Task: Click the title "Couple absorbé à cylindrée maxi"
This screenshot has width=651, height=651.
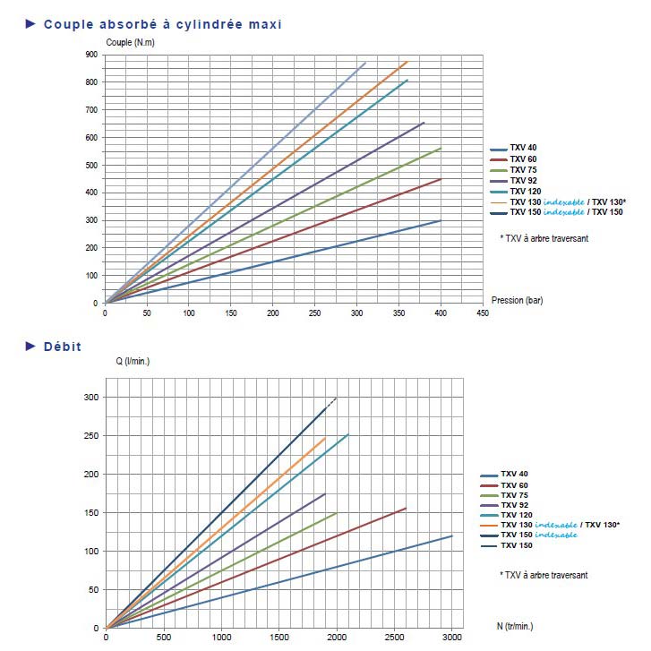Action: [x=162, y=24]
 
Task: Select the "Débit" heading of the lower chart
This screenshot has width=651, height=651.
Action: [x=63, y=346]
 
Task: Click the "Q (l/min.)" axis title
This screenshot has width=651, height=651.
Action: [x=133, y=363]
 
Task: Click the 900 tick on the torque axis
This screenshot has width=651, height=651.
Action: [x=91, y=55]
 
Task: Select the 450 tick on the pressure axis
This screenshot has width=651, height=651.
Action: [x=483, y=313]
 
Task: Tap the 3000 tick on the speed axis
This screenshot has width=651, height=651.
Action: [x=452, y=638]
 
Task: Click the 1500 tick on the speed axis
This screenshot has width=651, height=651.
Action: [x=278, y=638]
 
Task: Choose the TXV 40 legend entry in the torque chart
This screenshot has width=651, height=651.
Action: [x=524, y=149]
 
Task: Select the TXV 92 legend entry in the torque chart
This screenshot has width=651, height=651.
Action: [x=524, y=180]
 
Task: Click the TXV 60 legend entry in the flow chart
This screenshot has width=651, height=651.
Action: [x=515, y=485]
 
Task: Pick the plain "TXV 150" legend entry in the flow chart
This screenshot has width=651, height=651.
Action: [x=515, y=545]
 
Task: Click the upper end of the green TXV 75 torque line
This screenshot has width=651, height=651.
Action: [x=441, y=149]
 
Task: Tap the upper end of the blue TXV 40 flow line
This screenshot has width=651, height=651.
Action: [x=452, y=535]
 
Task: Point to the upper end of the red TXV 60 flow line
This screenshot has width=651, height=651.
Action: [x=406, y=509]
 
